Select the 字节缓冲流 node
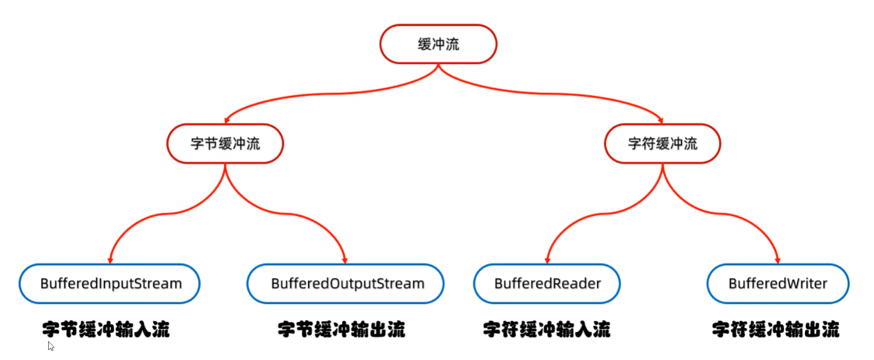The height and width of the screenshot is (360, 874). click(x=225, y=144)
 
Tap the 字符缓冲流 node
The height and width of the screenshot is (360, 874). click(x=662, y=144)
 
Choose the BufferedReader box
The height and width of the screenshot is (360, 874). click(x=547, y=283)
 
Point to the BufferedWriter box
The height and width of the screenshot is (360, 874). click(x=778, y=283)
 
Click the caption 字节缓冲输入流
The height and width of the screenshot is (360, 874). click(x=106, y=330)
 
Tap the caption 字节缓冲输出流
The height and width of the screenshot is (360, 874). click(x=342, y=330)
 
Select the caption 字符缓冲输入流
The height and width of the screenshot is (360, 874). click(x=547, y=330)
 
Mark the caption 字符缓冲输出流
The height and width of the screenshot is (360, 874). click(x=776, y=330)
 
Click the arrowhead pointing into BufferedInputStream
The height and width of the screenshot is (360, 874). click(x=110, y=260)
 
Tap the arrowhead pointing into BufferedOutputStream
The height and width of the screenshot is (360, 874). click(x=345, y=260)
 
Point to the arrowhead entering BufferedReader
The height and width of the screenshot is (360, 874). click(x=547, y=260)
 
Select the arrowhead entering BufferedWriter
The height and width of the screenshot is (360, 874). click(x=778, y=260)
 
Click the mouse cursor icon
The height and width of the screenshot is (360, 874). click(x=51, y=346)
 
